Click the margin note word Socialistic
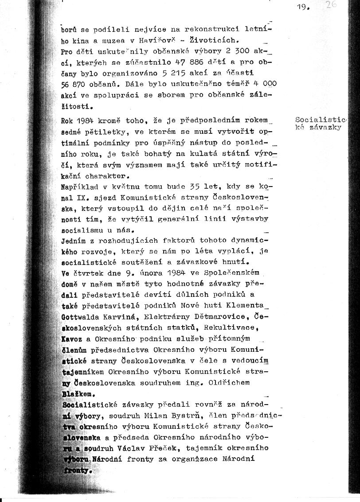321,120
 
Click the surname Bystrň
172,416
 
